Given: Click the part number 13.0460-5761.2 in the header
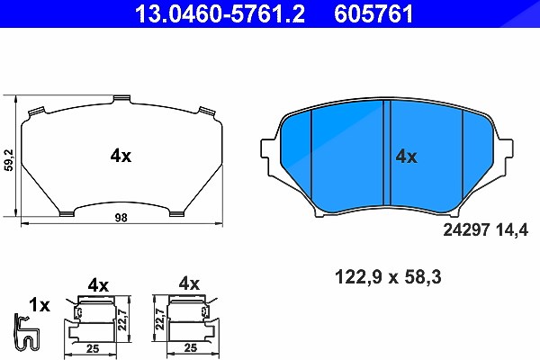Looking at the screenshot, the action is [x=220, y=13].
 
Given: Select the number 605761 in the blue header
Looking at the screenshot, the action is [x=373, y=13].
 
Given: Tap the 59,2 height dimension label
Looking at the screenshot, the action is [x=9, y=160].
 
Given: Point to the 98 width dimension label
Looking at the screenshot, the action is [x=121, y=218].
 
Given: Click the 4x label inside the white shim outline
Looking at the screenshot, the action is [x=121, y=157].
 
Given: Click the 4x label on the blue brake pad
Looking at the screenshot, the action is [x=406, y=157].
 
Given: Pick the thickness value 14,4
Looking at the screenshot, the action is [x=512, y=230].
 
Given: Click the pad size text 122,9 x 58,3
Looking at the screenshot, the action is [x=388, y=277].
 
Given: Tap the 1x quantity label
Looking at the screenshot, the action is [x=40, y=305].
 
